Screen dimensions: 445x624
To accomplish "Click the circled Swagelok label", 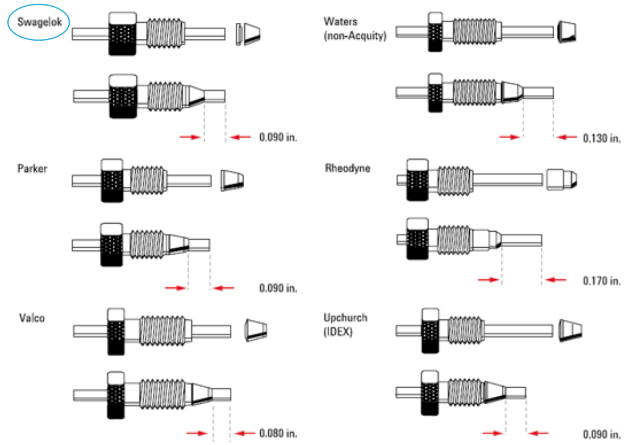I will coord(38,23).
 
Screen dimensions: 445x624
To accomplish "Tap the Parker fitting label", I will coord(32,168).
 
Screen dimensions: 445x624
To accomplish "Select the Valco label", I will coord(32,318).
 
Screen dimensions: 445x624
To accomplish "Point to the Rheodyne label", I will coord(347,168).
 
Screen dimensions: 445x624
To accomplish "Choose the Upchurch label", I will coord(345,318).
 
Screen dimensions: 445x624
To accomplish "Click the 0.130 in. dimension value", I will coord(602,138).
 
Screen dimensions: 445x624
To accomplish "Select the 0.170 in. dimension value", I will coord(602,281).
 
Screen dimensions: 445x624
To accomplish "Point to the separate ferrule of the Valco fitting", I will coord(256,330).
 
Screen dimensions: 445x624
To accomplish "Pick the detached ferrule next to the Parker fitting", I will coord(232,179).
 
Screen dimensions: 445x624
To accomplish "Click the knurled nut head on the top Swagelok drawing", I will coord(123,33).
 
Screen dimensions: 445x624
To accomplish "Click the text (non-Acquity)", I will coord(355,36).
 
